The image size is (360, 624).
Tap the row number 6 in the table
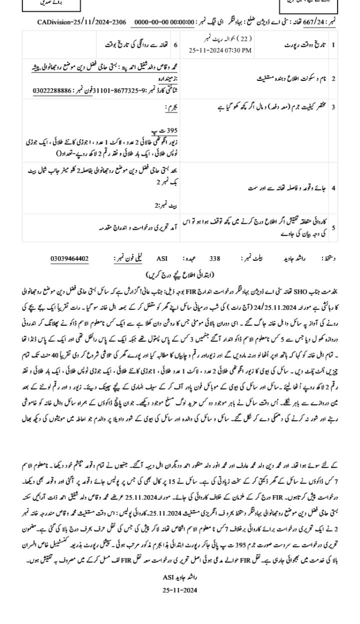[x=175, y=44]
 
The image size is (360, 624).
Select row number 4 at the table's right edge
[x=333, y=188]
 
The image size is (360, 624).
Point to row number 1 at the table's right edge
[x=333, y=44]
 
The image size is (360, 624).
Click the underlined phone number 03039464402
[x=69, y=258]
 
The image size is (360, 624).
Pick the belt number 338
[x=214, y=259]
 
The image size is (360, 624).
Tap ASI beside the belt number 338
[x=162, y=259]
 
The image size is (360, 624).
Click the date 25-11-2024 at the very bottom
[x=180, y=590]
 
